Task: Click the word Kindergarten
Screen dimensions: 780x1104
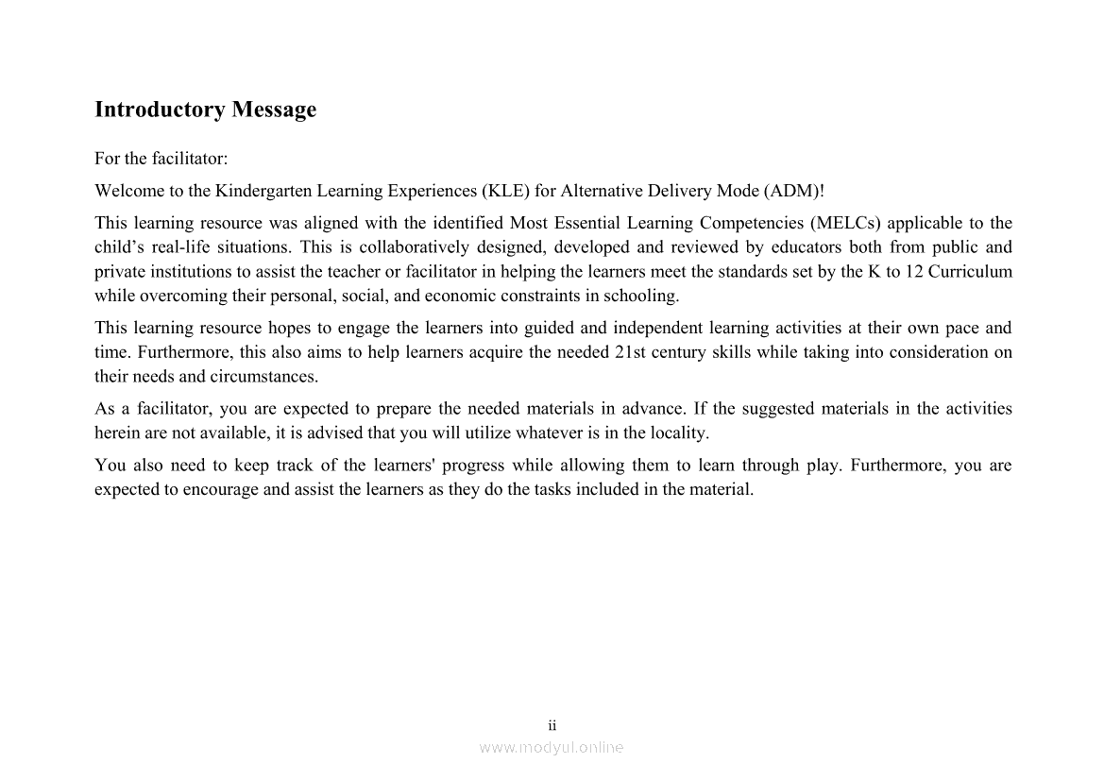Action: pyautogui.click(x=263, y=191)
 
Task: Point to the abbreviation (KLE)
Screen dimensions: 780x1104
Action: pyautogui.click(x=505, y=191)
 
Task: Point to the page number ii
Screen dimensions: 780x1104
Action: pyautogui.click(x=552, y=725)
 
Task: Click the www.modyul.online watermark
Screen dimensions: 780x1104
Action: pyautogui.click(x=552, y=747)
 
